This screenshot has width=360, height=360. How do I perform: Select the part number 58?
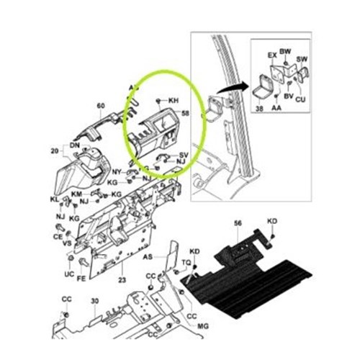coord(186,113)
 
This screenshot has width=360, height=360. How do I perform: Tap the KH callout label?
coord(173,101)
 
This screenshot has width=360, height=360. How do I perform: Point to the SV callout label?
coord(184,155)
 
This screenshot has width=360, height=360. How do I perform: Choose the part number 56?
coord(238,225)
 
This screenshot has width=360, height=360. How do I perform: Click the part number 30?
coord(94,302)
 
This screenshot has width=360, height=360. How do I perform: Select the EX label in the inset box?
coord(271,55)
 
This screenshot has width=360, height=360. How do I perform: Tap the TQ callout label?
coord(186,263)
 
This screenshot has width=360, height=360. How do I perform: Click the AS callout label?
coord(148,256)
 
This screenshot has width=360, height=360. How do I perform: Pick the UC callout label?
coord(69,276)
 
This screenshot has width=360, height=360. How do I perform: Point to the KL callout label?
coord(55,198)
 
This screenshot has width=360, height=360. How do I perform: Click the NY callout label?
coord(117,171)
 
